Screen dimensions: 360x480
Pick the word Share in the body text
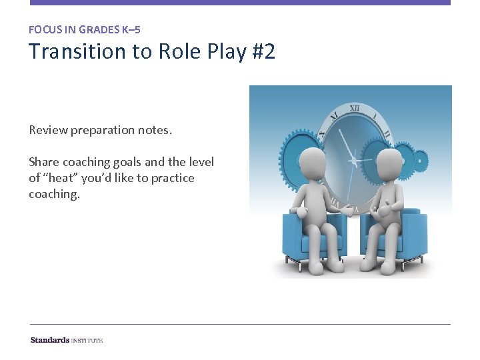click(44, 162)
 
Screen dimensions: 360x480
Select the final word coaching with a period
click(54, 194)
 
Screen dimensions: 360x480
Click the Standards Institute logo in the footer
click(67, 340)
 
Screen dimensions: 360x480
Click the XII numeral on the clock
click(355, 108)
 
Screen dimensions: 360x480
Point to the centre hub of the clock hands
click(354, 161)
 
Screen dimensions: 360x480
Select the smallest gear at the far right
click(419, 160)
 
